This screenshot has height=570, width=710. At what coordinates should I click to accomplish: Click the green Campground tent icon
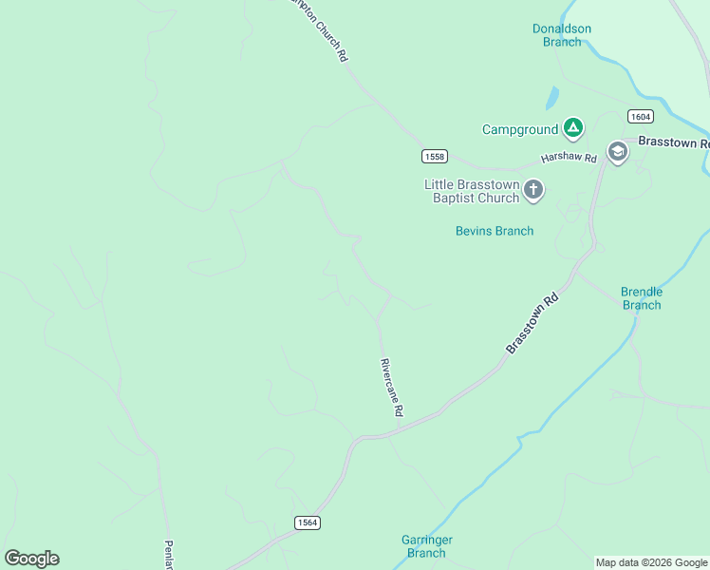coord(572,127)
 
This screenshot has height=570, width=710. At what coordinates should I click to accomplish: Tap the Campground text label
coord(520,129)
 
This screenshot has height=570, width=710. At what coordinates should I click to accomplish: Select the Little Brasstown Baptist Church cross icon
coord(533,190)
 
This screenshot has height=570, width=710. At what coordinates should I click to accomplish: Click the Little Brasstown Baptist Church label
coord(471,191)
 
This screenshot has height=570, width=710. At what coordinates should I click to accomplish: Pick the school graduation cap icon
coord(618,152)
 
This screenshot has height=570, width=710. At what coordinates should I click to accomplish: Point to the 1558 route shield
coord(435,156)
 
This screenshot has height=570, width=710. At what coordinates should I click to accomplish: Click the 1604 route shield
coord(640,116)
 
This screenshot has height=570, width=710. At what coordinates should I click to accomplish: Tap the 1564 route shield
coord(307,522)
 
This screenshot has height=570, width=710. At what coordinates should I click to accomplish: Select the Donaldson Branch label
coord(561,35)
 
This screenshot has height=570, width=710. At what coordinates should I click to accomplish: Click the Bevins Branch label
coord(495,231)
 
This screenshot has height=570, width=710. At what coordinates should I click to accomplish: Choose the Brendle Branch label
coord(642,298)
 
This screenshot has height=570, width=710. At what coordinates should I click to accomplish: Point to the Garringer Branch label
coord(426,546)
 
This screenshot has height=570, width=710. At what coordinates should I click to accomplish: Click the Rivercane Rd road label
coord(392,388)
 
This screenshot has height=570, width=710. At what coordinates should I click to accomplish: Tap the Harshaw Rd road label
coord(568,157)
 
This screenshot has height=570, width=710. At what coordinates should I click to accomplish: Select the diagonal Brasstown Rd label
coord(532,324)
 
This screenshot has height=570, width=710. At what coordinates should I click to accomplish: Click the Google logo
coord(32,559)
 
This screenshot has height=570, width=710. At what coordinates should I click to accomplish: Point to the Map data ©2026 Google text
coord(651,562)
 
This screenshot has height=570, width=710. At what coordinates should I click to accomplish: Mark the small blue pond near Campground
coord(552,97)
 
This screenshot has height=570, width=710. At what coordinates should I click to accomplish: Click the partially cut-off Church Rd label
coord(321,30)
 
